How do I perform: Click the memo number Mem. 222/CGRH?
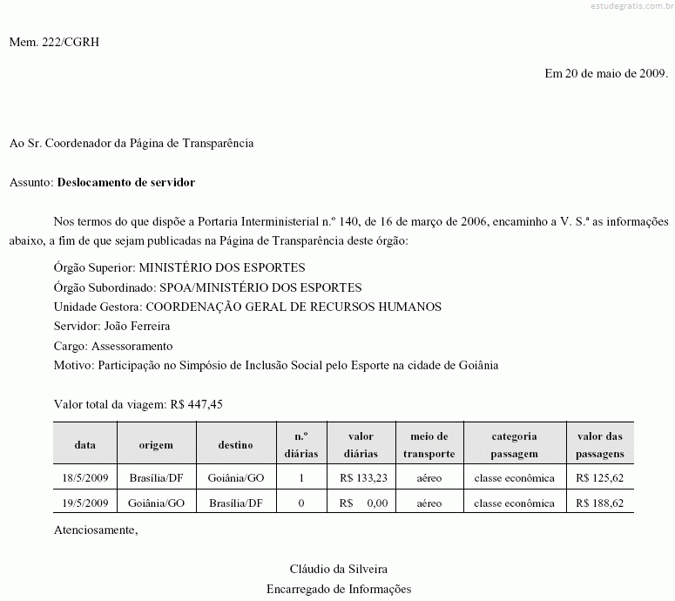(54, 42)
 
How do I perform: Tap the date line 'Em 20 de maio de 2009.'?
(606, 73)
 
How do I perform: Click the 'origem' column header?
(156, 444)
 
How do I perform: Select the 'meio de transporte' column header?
(429, 444)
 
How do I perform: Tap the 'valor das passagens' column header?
(600, 444)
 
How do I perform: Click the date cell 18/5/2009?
(84, 478)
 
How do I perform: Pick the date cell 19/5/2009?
(84, 503)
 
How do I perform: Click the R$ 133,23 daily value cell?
(363, 478)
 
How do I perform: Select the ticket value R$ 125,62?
(600, 478)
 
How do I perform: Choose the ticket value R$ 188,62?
(600, 503)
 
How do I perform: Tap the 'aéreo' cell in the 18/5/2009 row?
(429, 478)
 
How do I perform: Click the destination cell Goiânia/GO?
(236, 478)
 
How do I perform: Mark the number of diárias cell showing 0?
(301, 503)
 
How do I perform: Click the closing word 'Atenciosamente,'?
(96, 530)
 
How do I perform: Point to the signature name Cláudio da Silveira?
(339, 569)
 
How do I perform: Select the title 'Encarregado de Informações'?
(339, 589)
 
